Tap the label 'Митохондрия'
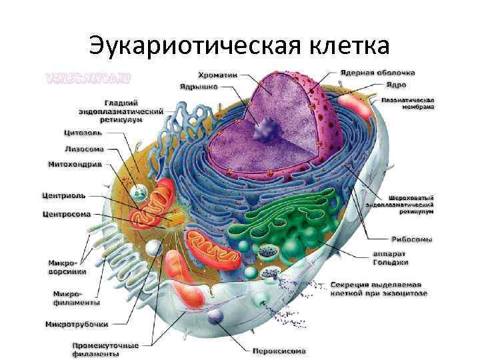point(75,163)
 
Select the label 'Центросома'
point(67,215)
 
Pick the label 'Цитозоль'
point(83,133)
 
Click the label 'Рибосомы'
point(411,239)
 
